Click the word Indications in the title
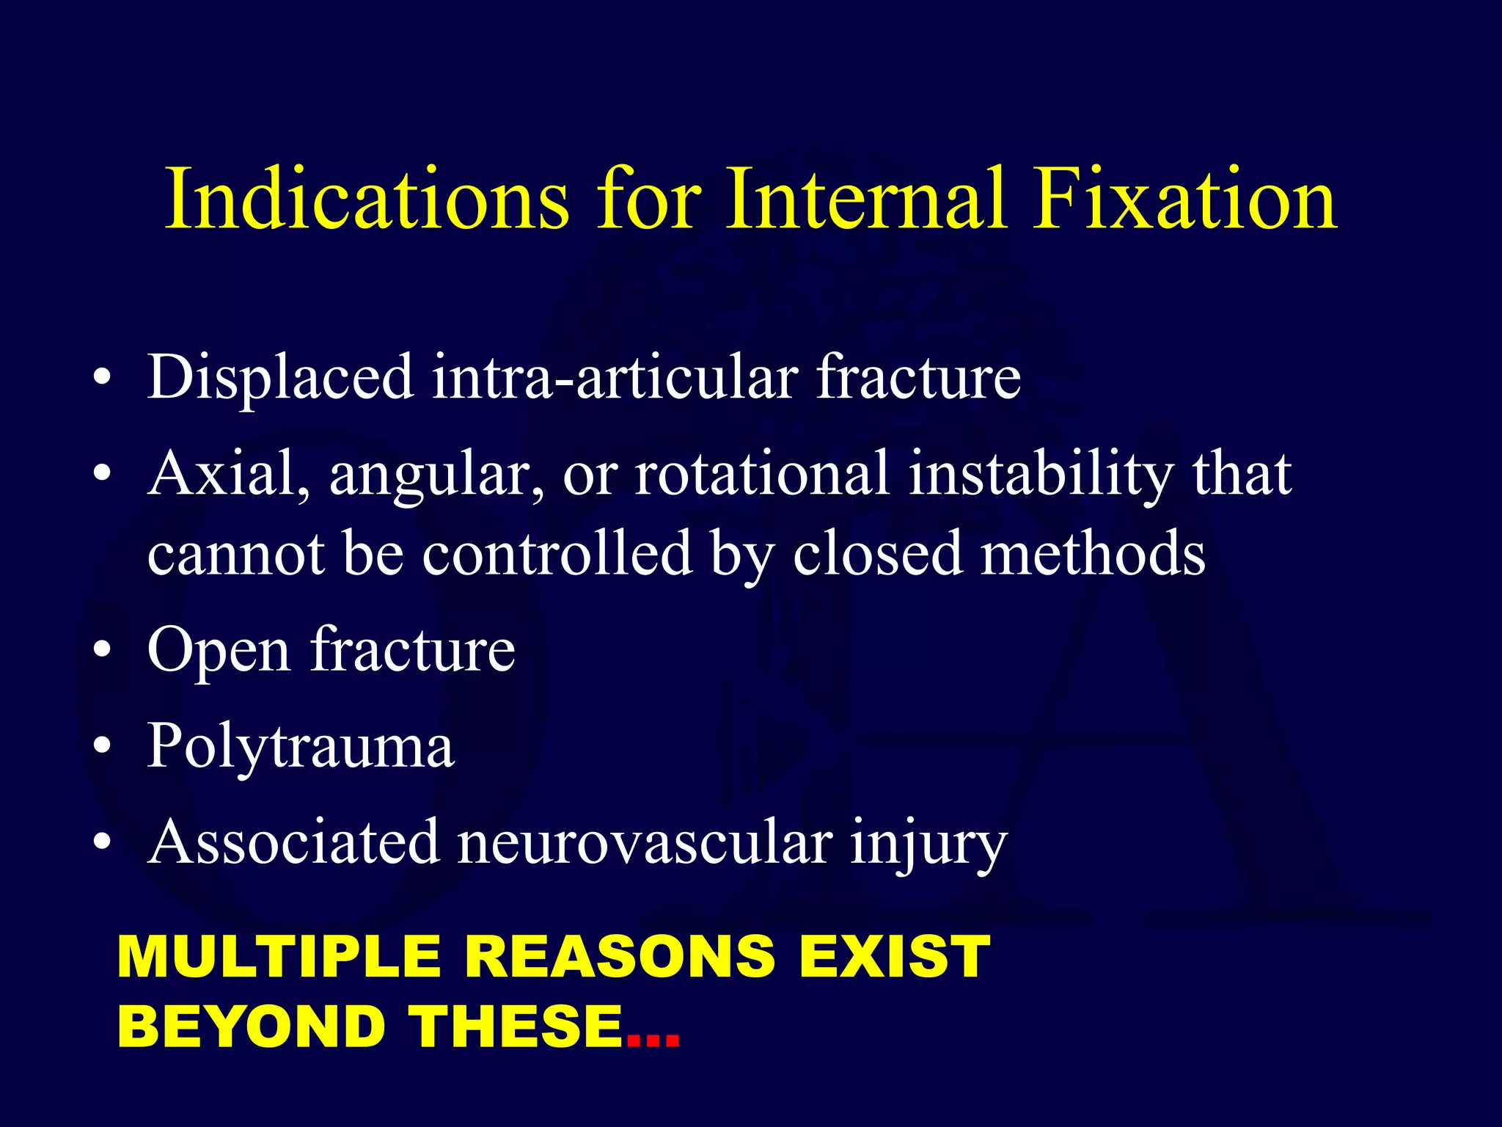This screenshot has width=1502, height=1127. tap(367, 200)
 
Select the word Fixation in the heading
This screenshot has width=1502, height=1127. tap(1185, 200)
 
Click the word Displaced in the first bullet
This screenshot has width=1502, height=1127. tap(280, 377)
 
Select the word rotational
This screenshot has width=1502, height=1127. tap(761, 474)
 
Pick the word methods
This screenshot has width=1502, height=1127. tap(1093, 553)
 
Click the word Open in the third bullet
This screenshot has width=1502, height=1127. tap(219, 652)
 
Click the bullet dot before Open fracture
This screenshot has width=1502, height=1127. tap(103, 651)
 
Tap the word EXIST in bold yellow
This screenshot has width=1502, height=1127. tap(895, 957)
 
